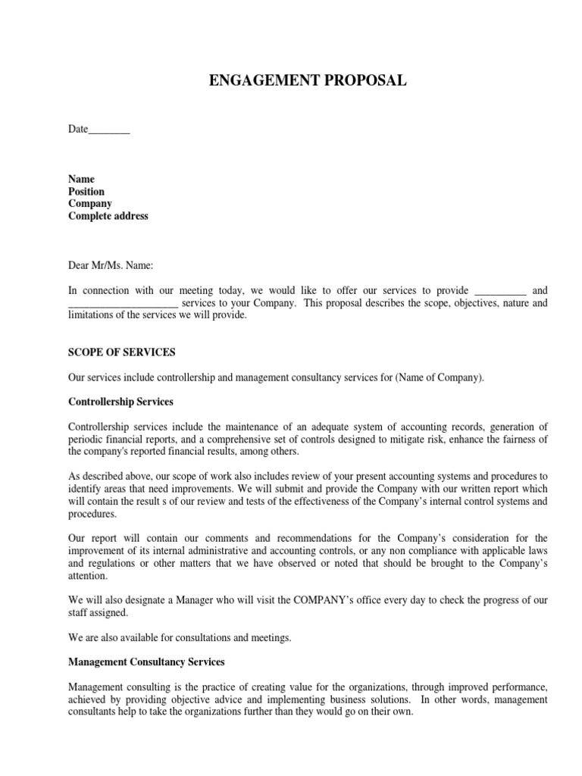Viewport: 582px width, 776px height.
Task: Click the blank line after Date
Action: click(x=109, y=130)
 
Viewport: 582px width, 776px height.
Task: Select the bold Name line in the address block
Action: click(x=81, y=180)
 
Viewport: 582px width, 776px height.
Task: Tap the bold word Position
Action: click(x=86, y=192)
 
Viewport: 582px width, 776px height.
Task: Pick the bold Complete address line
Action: click(x=108, y=216)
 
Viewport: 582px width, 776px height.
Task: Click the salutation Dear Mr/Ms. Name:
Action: click(x=111, y=265)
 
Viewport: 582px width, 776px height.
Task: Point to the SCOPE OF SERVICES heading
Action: click(x=122, y=352)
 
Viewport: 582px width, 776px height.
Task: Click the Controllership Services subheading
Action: click(x=121, y=402)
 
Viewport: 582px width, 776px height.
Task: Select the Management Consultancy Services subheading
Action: click(x=146, y=662)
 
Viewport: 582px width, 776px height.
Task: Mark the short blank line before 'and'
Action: click(x=499, y=291)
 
